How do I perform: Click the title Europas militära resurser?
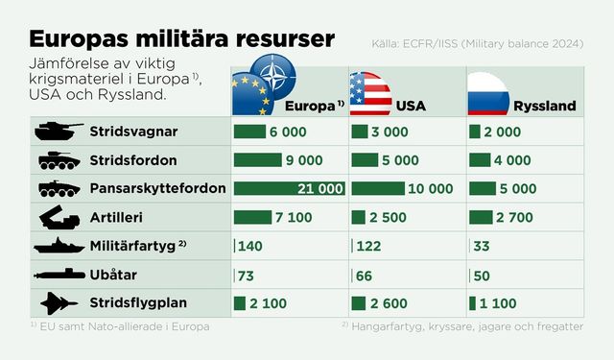coord(182,39)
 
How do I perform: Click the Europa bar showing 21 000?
coord(289,188)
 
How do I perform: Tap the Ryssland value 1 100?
coord(499,304)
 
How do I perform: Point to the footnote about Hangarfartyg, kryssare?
coord(461,326)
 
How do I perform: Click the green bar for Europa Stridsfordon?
coord(257,159)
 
